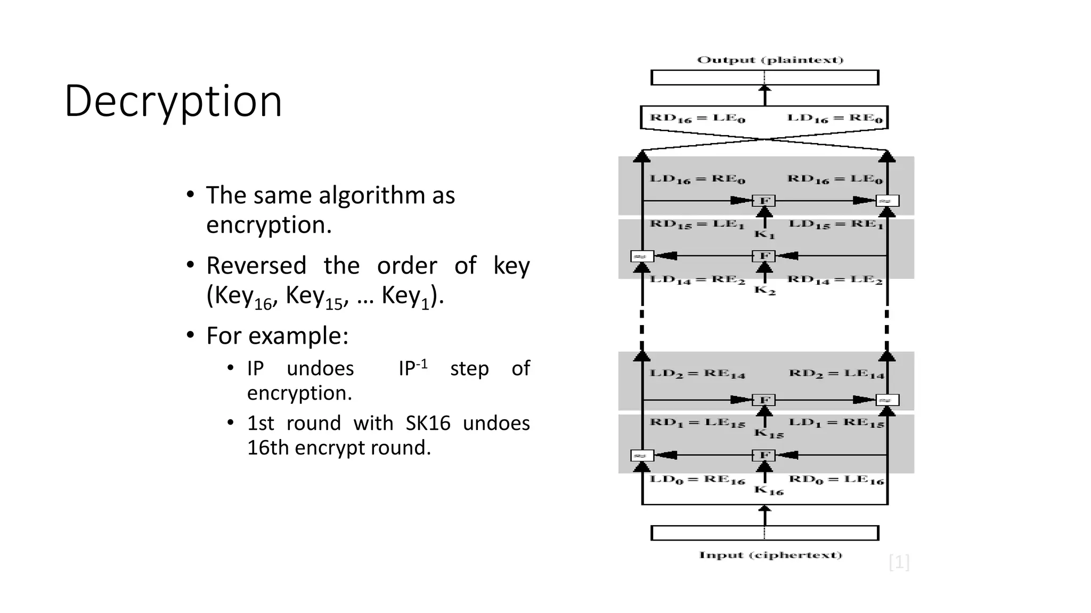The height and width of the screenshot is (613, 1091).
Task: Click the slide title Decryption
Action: click(173, 101)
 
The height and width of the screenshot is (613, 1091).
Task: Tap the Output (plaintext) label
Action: click(770, 60)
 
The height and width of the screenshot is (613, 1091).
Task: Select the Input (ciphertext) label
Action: click(770, 555)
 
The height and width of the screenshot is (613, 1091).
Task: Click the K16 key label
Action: click(769, 490)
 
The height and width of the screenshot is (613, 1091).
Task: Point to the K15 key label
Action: click(769, 433)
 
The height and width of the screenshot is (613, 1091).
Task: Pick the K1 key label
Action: click(764, 234)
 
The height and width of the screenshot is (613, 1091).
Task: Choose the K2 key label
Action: click(764, 291)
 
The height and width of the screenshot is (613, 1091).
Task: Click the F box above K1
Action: click(764, 201)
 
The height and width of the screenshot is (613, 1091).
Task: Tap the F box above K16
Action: click(764, 455)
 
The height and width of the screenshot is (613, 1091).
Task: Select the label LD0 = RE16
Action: click(697, 480)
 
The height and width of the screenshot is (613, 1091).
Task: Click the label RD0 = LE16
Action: click(836, 480)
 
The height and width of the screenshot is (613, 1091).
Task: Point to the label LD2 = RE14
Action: click(697, 374)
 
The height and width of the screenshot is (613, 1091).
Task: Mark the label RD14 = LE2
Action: click(835, 280)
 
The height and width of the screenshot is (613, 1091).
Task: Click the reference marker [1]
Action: click(899, 562)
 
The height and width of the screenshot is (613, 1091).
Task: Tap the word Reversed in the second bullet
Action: click(256, 266)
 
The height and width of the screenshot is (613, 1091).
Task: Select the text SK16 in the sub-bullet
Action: click(428, 423)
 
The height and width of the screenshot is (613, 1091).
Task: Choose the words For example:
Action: click(277, 336)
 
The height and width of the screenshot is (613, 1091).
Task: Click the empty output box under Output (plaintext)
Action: click(764, 78)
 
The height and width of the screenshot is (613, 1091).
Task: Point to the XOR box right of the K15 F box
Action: click(887, 400)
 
